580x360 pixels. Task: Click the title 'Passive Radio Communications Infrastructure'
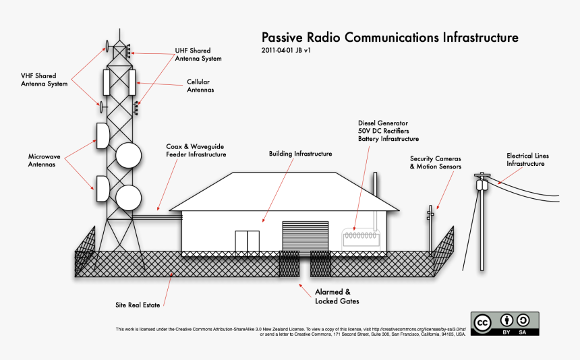[x=390, y=37]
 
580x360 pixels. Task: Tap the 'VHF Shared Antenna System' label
[x=44, y=80]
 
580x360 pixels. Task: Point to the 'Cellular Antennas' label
[x=200, y=86]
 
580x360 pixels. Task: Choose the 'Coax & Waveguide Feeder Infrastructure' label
[x=196, y=150]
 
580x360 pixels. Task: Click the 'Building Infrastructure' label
[x=300, y=154]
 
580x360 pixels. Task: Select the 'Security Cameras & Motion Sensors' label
[x=436, y=162]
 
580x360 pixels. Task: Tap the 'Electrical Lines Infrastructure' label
[x=525, y=159]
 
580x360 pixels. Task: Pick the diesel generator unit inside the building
[x=363, y=237]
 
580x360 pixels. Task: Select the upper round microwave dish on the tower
[x=129, y=155]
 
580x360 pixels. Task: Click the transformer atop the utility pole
[x=482, y=183]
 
